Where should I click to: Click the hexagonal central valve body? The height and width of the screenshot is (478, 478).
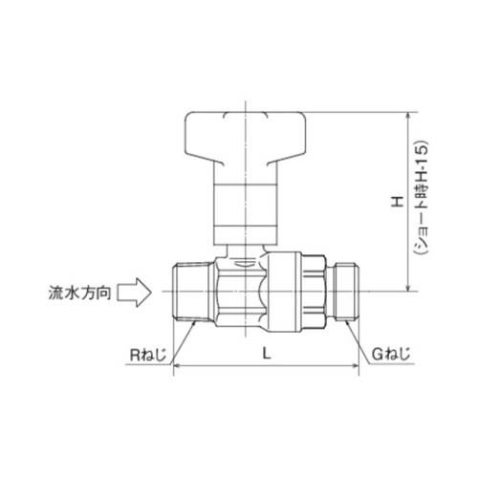(236, 290)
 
